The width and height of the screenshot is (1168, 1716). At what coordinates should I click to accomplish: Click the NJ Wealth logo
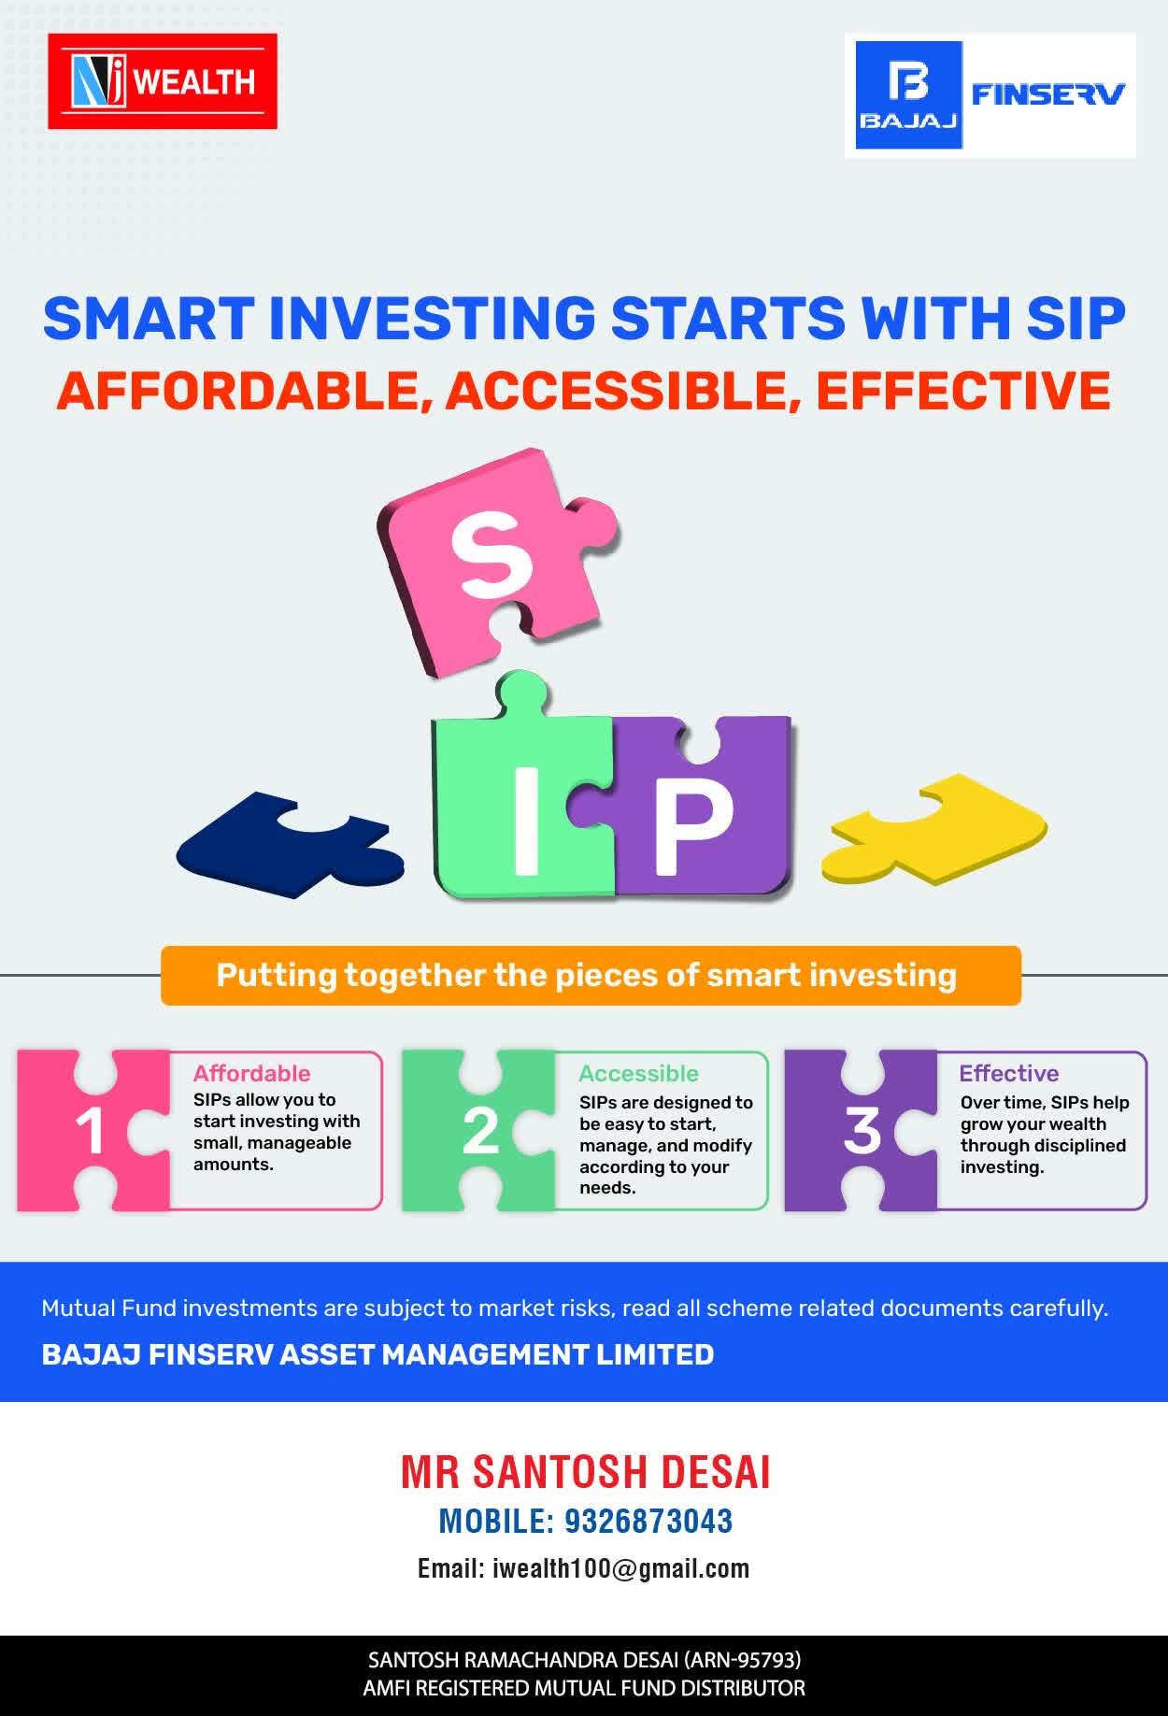pos(163,81)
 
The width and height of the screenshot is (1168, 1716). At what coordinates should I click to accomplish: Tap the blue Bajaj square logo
pos(909,94)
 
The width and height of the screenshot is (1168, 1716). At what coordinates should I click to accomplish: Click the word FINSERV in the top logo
pos(1048,93)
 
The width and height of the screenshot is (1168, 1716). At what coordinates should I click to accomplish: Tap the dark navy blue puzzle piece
pos(290,845)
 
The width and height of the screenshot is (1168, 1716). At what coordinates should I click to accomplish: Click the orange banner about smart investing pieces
pos(591,975)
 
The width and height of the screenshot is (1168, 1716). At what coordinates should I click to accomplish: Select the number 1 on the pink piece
pos(90,1132)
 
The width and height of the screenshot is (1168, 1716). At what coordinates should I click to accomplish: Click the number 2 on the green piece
pos(480,1132)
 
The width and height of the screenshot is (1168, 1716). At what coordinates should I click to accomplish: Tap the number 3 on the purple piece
pos(862,1131)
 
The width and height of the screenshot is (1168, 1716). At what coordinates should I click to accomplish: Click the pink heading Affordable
pos(251,1073)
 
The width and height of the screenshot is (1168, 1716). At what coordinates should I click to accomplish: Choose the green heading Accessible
pos(638,1073)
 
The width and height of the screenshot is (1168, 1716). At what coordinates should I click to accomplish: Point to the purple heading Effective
pos(1009,1073)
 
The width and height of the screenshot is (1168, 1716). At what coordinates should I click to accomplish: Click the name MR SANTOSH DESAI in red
pos(586,1472)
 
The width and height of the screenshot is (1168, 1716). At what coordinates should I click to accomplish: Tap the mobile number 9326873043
pos(648,1522)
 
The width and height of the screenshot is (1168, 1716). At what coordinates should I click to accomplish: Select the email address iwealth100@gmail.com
pos(621,1568)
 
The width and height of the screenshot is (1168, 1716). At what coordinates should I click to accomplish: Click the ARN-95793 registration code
pos(742,1660)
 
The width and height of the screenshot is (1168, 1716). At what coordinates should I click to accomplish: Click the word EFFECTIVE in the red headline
pos(963,391)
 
